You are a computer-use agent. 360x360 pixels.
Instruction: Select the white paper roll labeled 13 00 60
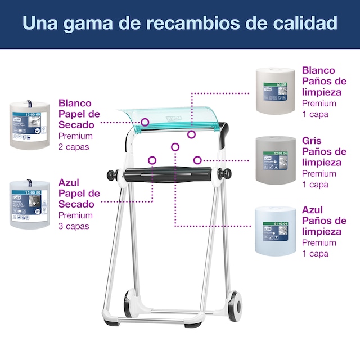30,124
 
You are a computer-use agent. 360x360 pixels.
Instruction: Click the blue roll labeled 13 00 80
30,204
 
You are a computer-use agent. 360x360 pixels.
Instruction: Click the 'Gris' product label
312,141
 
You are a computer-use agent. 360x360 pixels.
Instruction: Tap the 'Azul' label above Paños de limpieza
313,210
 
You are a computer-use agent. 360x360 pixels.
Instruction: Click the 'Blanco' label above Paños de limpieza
318,70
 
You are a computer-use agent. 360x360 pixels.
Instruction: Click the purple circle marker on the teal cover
145,121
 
